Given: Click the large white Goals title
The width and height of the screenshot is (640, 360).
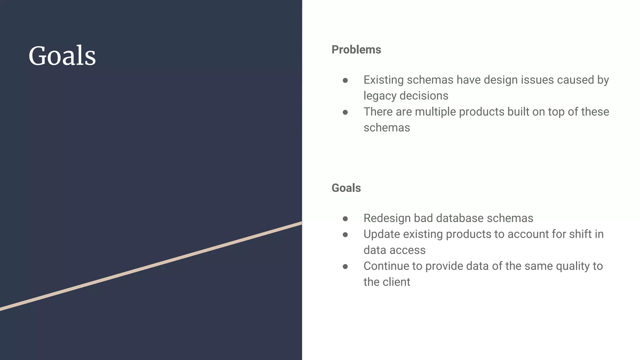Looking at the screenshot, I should pyautogui.click(x=62, y=56).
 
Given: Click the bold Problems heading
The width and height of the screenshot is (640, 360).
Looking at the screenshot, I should pyautogui.click(x=356, y=50).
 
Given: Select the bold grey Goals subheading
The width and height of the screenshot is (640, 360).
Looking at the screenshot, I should pyautogui.click(x=346, y=188).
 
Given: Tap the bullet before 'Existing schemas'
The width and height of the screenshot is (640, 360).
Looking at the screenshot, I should pyautogui.click(x=345, y=81).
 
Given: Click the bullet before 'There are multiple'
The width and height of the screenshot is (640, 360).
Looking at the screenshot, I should pyautogui.click(x=345, y=112).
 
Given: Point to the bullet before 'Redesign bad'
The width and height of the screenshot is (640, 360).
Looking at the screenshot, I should pyautogui.click(x=345, y=219).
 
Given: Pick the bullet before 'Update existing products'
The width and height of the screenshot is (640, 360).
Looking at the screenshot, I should pyautogui.click(x=345, y=235).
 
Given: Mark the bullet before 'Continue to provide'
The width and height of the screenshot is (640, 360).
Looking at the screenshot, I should pyautogui.click(x=345, y=267).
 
